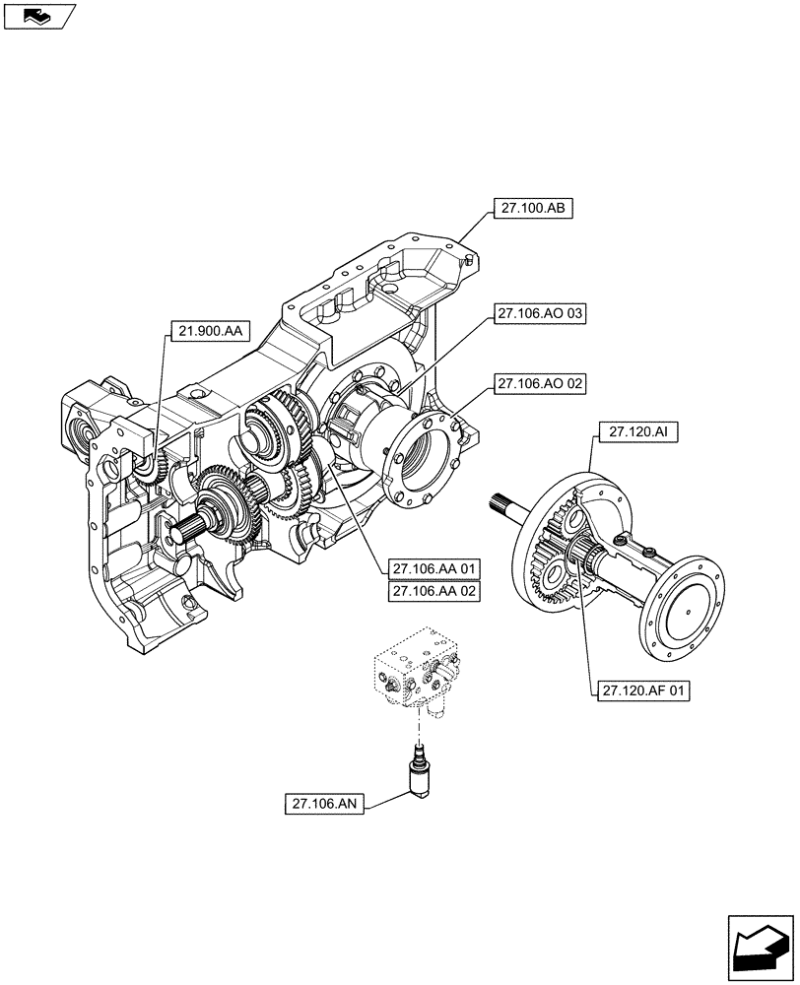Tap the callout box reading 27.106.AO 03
coord(541,314)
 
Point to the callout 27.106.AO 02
coord(541,384)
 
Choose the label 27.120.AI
coord(628,431)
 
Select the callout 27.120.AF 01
coord(641,691)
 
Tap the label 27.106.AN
coord(324,805)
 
